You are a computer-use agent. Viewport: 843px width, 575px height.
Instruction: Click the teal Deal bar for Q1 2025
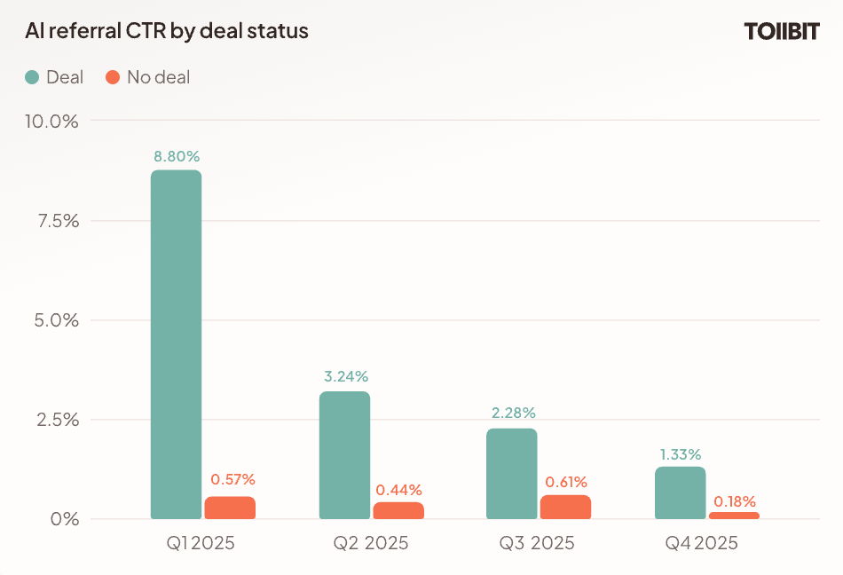176,344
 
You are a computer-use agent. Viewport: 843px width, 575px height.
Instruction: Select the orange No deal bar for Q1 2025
230,508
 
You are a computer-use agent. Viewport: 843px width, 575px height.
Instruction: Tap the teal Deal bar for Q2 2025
344,455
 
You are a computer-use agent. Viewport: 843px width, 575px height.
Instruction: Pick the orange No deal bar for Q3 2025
565,507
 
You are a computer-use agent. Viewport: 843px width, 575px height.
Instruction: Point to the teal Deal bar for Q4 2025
680,492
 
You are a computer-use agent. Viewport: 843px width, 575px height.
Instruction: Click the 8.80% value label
177,156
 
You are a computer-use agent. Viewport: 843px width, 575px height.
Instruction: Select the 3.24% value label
344,377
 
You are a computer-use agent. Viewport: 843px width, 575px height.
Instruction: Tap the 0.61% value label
566,482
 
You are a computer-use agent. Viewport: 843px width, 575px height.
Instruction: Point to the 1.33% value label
680,453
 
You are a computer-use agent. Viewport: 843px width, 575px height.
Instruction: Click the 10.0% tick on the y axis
51,121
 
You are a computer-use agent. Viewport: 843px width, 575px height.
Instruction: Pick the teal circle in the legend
32,77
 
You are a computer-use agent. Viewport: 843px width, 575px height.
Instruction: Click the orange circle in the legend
113,77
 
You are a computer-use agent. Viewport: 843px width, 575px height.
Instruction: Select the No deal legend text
158,77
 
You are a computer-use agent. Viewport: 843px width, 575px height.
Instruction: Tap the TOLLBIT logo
781,32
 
